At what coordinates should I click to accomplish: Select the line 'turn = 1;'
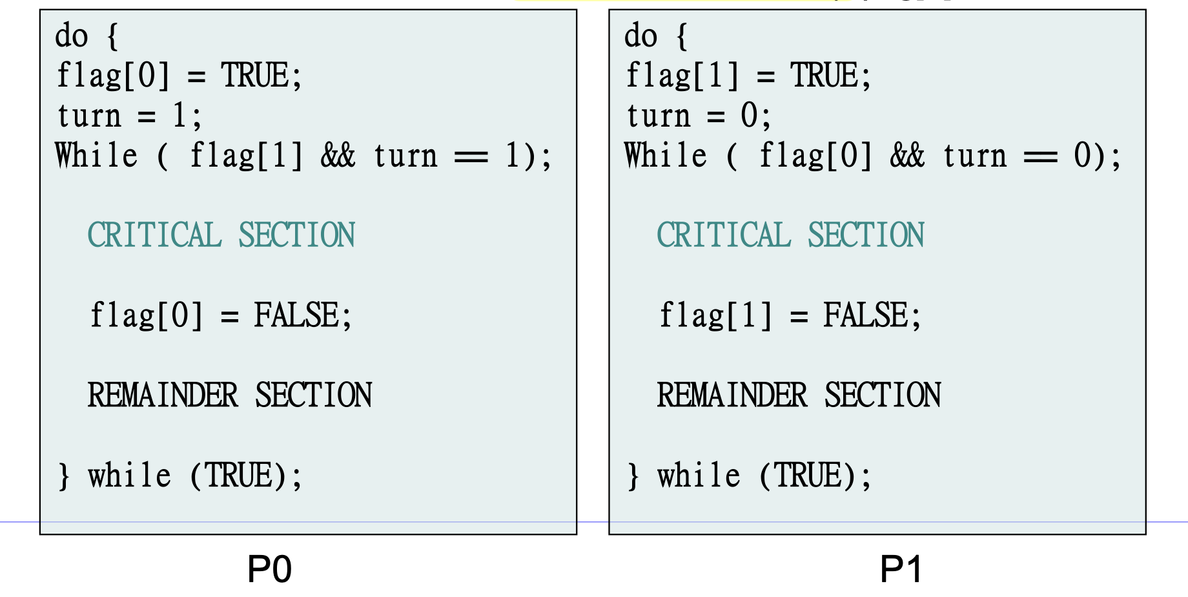coord(129,116)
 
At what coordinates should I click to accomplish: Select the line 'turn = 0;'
coord(699,116)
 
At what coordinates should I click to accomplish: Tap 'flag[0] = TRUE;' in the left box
coord(179,76)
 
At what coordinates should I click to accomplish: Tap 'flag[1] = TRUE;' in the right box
coord(748,76)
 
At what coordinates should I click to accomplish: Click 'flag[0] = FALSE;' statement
coord(221,316)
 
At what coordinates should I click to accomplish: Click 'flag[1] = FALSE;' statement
coord(790,316)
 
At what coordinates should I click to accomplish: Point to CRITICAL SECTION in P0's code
coord(221,235)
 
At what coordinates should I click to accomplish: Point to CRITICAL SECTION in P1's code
coord(790,235)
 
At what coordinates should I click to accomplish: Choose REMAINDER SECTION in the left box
coord(230,395)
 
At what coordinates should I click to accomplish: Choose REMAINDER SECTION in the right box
coord(799,395)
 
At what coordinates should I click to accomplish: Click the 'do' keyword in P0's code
coord(72,36)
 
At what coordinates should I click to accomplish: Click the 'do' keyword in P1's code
coord(641,36)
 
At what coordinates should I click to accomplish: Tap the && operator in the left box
coord(338,156)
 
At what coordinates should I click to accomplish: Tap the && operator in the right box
coord(907,156)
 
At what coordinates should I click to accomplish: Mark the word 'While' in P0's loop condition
coord(96,156)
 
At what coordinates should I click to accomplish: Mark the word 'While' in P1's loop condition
coord(666,156)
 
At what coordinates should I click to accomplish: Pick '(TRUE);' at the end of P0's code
coord(246,476)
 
